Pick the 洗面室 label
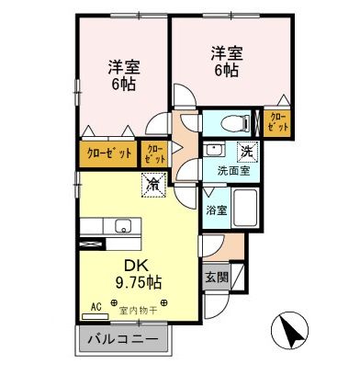point(233,169)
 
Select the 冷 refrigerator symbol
point(152,186)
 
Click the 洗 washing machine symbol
point(248,150)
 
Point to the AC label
point(96,308)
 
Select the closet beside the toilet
point(278,123)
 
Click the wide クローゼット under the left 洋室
point(108,152)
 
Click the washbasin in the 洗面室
point(215,151)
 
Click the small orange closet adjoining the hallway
point(154,152)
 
